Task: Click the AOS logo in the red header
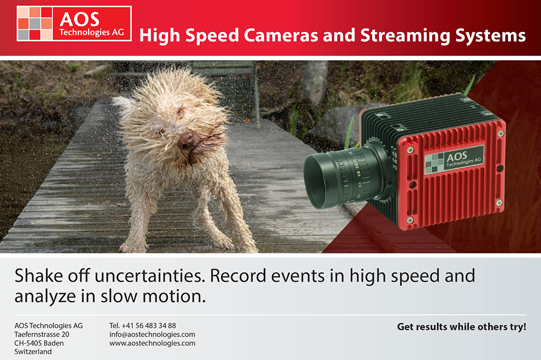(x=74, y=23)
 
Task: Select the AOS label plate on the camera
(x=454, y=160)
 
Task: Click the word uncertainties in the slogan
(x=149, y=276)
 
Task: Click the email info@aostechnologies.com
(x=152, y=335)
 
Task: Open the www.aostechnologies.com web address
(x=152, y=343)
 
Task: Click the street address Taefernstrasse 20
(x=42, y=335)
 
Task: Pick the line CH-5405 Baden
(x=39, y=343)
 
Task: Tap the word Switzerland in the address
(x=33, y=352)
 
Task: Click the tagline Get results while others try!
(x=461, y=326)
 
